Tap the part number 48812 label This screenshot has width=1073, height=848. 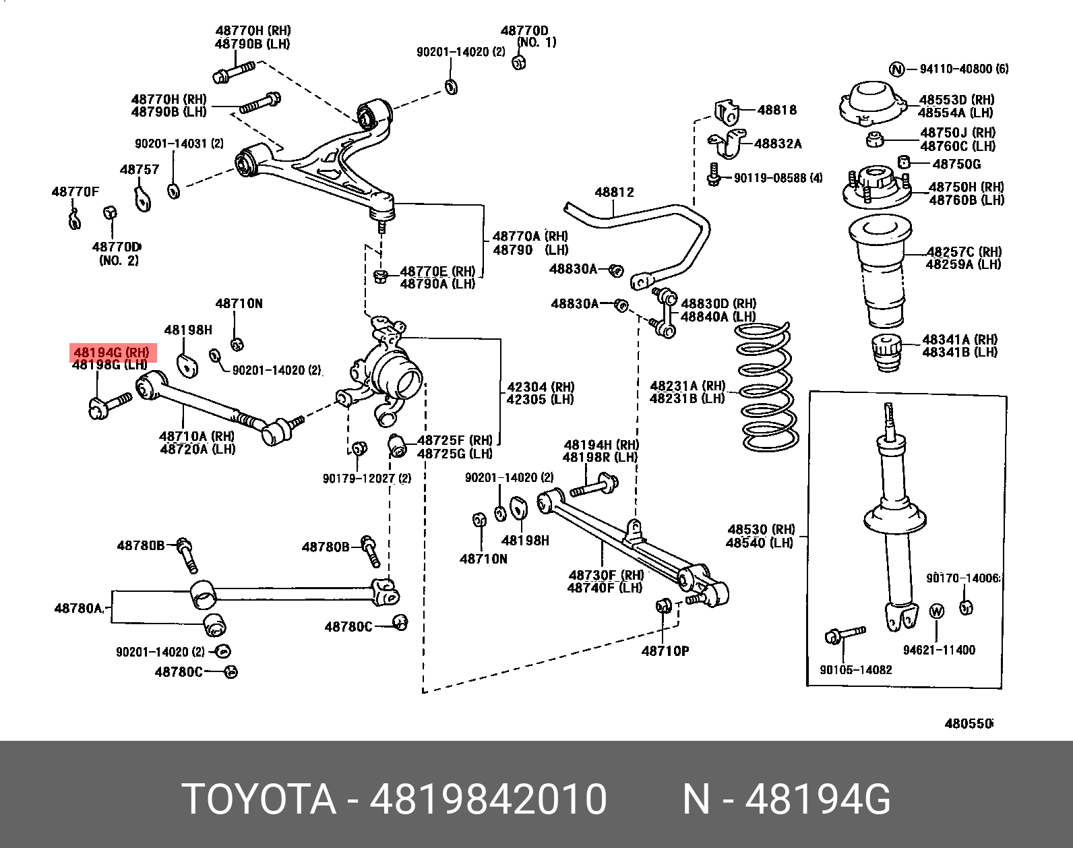[x=614, y=193]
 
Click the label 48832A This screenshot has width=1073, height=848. [x=778, y=144]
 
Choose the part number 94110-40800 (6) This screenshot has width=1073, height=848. [x=964, y=69]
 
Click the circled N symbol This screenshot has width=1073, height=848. [x=896, y=69]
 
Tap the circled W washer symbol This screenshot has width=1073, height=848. [x=937, y=611]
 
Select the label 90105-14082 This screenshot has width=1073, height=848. [x=855, y=670]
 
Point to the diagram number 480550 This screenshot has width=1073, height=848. [x=969, y=724]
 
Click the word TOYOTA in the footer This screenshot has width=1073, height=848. [x=259, y=799]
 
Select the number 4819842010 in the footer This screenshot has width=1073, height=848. [x=488, y=799]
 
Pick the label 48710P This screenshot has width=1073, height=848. [x=665, y=651]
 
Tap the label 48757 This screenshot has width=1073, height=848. [x=140, y=170]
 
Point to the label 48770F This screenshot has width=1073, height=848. [x=75, y=192]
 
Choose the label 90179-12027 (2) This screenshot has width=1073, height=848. [x=366, y=479]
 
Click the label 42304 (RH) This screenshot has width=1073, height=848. [x=541, y=387]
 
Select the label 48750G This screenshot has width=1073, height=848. [x=956, y=164]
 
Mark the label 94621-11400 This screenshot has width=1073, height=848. [x=939, y=650]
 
